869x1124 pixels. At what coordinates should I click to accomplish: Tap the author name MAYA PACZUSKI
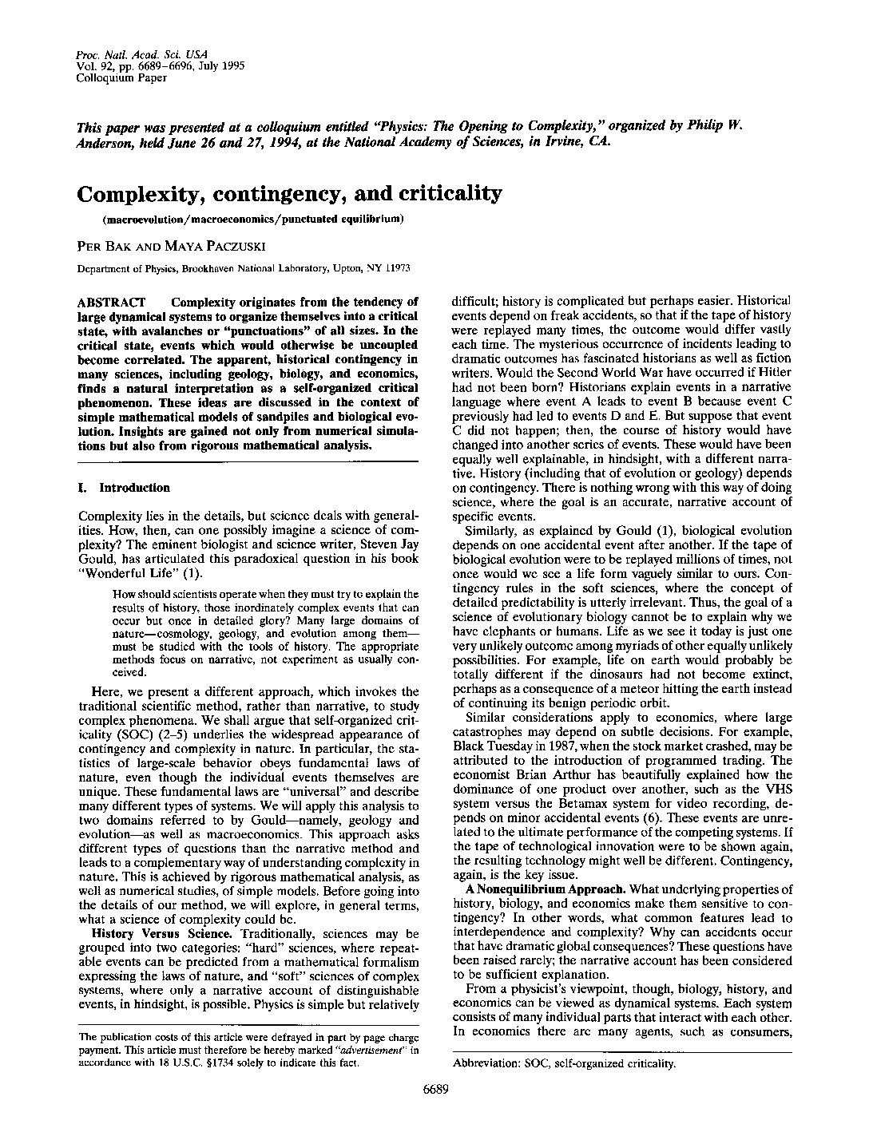coord(181,245)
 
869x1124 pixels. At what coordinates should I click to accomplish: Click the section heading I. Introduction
coord(124,487)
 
